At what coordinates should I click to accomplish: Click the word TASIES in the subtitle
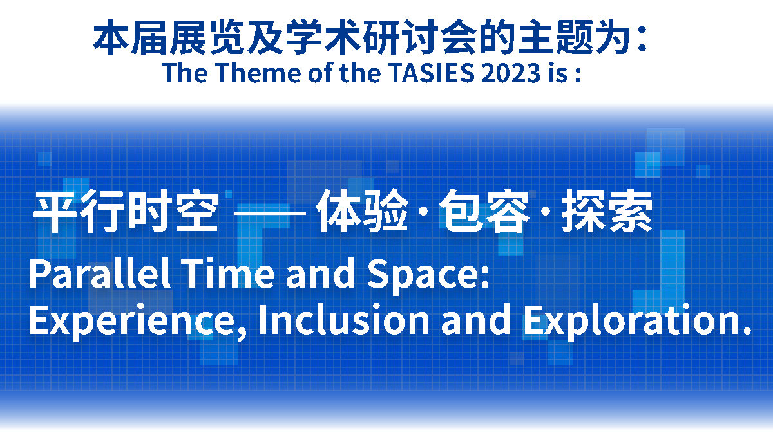pyautogui.click(x=431, y=73)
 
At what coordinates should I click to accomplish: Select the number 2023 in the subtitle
pyautogui.click(x=511, y=73)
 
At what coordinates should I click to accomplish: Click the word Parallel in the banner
pyautogui.click(x=100, y=273)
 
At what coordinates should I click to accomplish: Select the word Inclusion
pyautogui.click(x=344, y=319)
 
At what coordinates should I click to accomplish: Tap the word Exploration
pyautogui.click(x=633, y=321)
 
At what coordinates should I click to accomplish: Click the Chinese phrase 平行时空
pyautogui.click(x=126, y=211)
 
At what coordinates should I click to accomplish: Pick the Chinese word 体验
pyautogui.click(x=362, y=211)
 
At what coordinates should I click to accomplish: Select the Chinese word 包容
pyautogui.click(x=484, y=211)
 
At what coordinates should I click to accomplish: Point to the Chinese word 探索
pyautogui.click(x=607, y=211)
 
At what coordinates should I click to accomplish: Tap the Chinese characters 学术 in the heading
pyautogui.click(x=323, y=37)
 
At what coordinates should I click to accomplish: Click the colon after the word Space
pyautogui.click(x=485, y=277)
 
